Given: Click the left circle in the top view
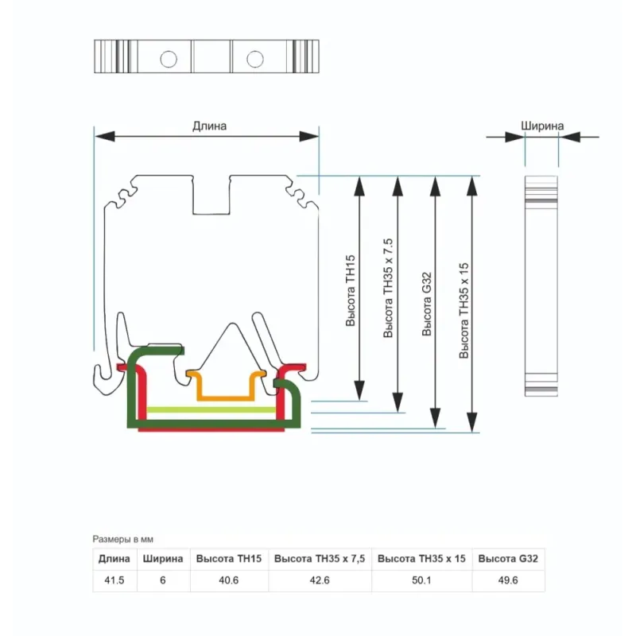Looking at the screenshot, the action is [169, 59].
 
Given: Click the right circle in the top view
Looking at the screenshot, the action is [255, 59].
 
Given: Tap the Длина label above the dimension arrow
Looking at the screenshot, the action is [209, 126].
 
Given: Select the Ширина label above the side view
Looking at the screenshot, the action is [542, 126].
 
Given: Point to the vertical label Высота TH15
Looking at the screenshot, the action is [351, 290].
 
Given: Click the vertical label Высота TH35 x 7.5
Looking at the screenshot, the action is [388, 288].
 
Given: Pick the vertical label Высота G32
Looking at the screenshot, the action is [426, 304].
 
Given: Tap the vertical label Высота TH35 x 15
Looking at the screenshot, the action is [463, 311].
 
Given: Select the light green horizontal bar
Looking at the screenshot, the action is [211, 409].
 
